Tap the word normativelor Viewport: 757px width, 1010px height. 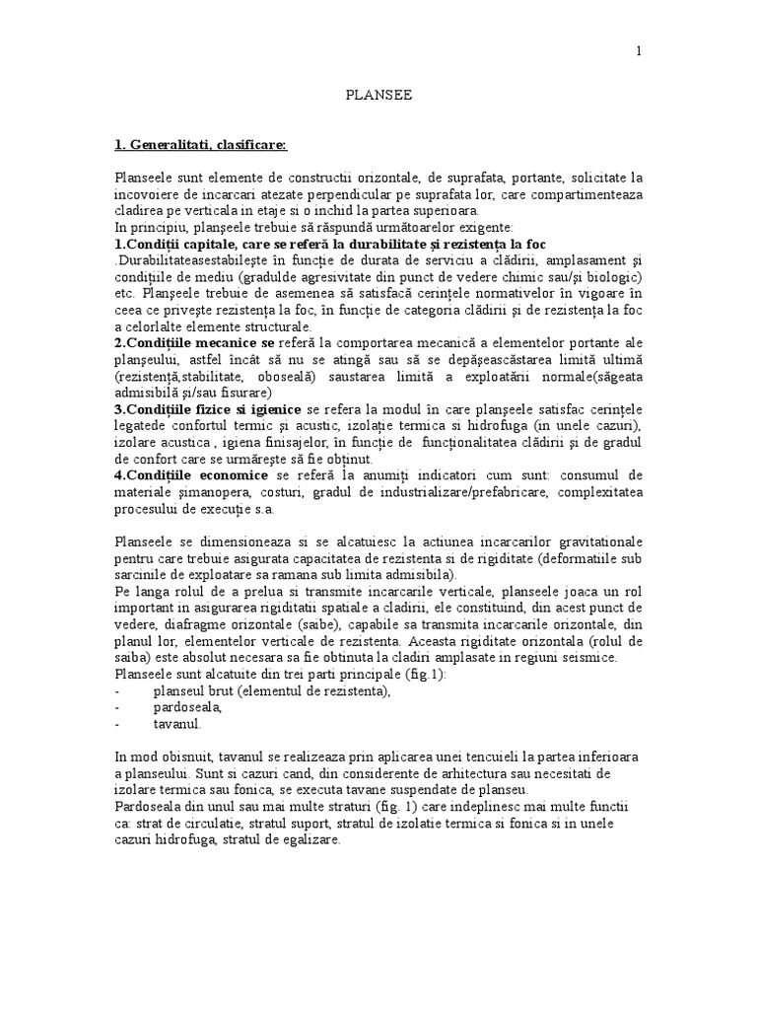pyautogui.click(x=515, y=293)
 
